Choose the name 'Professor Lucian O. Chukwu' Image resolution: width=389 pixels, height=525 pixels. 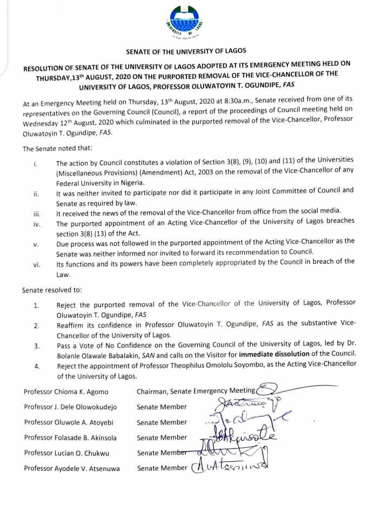point(68,453)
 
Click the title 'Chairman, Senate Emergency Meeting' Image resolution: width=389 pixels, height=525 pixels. point(196,391)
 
